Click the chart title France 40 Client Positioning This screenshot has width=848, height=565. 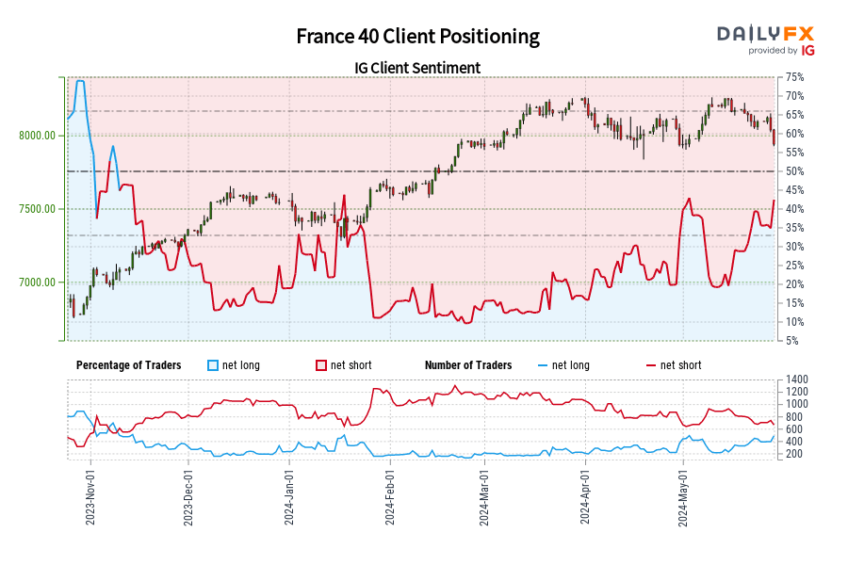417,37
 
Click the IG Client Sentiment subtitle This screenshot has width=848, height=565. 417,68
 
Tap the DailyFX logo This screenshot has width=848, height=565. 765,34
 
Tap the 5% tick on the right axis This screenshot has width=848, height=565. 791,341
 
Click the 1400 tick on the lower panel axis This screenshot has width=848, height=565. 793,379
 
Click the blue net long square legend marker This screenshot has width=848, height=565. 213,365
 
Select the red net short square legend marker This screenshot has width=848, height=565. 320,365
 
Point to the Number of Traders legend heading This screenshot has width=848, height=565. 468,365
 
